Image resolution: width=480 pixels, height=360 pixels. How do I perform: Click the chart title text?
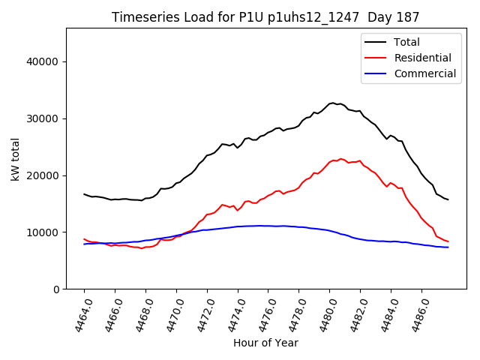point(265,16)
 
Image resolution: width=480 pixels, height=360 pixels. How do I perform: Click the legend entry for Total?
point(406,42)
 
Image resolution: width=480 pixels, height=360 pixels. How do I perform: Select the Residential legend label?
point(422,58)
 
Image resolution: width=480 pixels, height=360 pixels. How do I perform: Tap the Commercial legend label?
point(424,73)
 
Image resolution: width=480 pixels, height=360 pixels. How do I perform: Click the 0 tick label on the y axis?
point(55,289)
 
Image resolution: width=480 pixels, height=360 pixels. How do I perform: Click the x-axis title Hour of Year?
point(265,343)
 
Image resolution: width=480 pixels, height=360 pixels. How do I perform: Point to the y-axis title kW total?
point(15,159)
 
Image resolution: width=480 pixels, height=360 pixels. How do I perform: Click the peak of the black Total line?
point(332,103)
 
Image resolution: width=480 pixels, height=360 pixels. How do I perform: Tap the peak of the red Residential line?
point(340,159)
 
